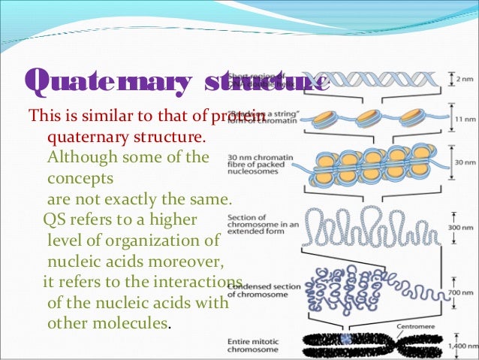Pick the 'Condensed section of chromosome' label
262,289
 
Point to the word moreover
190,262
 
